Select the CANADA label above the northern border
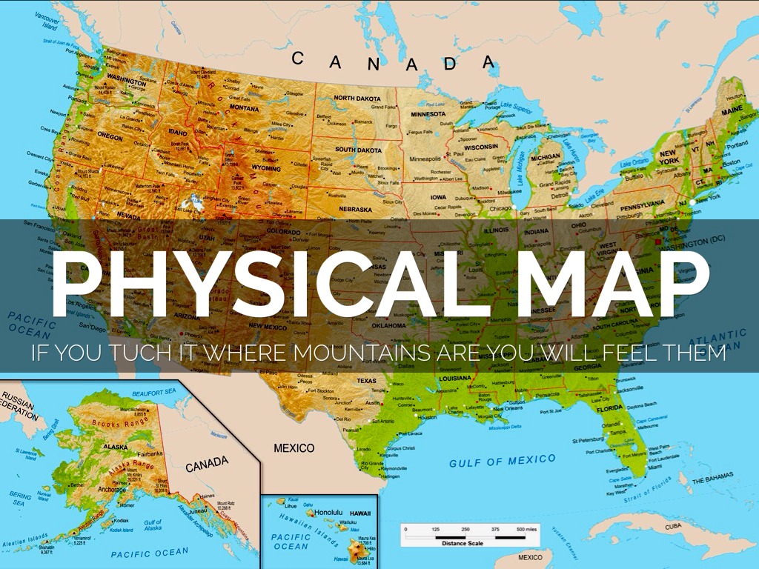(x=393, y=62)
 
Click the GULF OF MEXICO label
(x=502, y=461)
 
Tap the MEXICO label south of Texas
(x=294, y=448)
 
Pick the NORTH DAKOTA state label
(x=358, y=98)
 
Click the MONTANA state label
(x=244, y=107)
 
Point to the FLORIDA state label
(x=609, y=408)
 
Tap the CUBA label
(x=672, y=526)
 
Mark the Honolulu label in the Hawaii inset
(x=331, y=512)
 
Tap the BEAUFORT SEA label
(x=154, y=391)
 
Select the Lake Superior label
(x=517, y=108)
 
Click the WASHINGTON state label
(x=126, y=76)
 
